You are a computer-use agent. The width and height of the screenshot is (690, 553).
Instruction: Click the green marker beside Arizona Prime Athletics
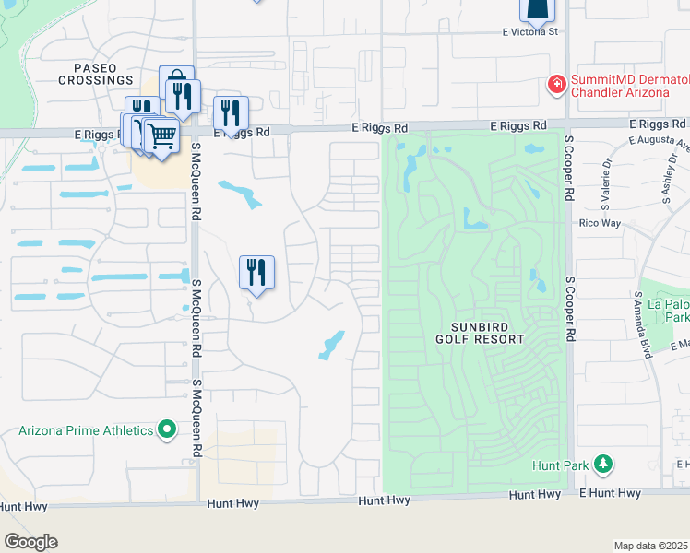pyautogui.click(x=167, y=429)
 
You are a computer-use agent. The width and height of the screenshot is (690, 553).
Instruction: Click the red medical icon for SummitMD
pyautogui.click(x=556, y=86)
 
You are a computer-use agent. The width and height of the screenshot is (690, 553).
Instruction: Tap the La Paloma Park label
pyautogui.click(x=668, y=309)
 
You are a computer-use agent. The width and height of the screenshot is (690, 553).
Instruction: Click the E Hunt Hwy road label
pyautogui.click(x=610, y=494)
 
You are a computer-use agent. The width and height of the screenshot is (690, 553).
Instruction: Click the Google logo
pyautogui.click(x=30, y=542)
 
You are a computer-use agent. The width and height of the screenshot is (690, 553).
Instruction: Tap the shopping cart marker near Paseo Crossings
pyautogui.click(x=162, y=137)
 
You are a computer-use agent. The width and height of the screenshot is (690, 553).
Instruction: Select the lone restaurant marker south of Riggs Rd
pyautogui.click(x=256, y=274)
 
